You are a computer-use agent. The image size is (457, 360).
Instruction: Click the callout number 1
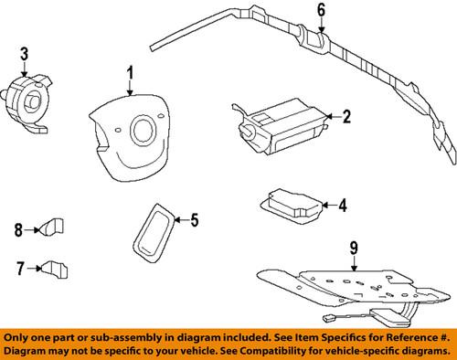pyautogui.click(x=130, y=72)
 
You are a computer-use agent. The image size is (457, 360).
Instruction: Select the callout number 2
pyautogui.click(x=346, y=116)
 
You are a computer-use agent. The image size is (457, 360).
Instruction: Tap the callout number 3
pyautogui.click(x=25, y=54)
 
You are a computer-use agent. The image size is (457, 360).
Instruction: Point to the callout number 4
pyautogui.click(x=342, y=206)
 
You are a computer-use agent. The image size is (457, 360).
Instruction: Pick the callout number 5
pyautogui.click(x=193, y=219)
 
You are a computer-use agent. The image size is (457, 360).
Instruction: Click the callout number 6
pyautogui.click(x=321, y=12)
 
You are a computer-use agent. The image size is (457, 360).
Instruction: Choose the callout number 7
pyautogui.click(x=19, y=268)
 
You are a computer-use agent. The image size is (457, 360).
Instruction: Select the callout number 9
pyautogui.click(x=353, y=246)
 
